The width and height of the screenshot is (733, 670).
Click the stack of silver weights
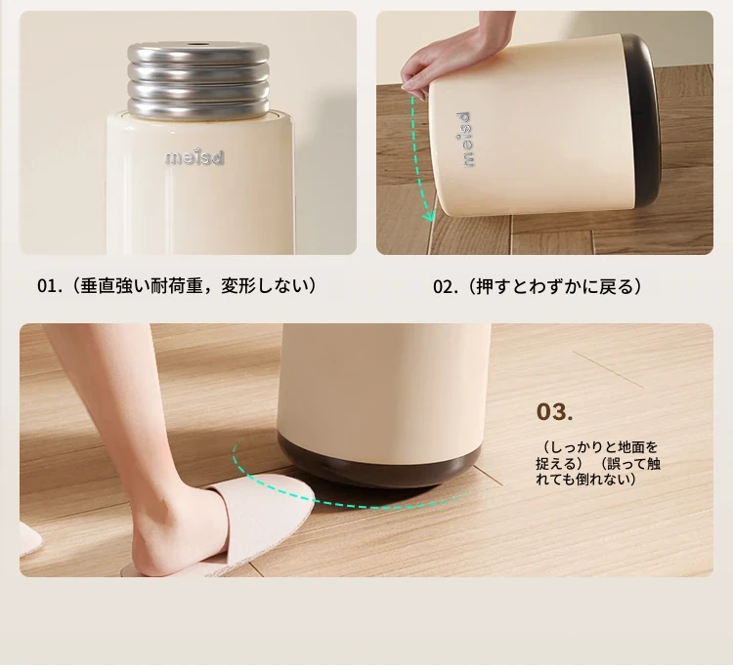tap(198, 79)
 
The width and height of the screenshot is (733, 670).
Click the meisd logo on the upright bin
tap(194, 157)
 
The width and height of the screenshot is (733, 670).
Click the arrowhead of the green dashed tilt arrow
tap(429, 216)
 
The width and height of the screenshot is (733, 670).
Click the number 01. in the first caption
tap(50, 286)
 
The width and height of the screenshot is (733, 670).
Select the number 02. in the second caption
tap(446, 286)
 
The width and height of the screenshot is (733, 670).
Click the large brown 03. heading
tap(554, 411)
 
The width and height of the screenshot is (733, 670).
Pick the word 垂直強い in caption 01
tap(115, 286)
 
